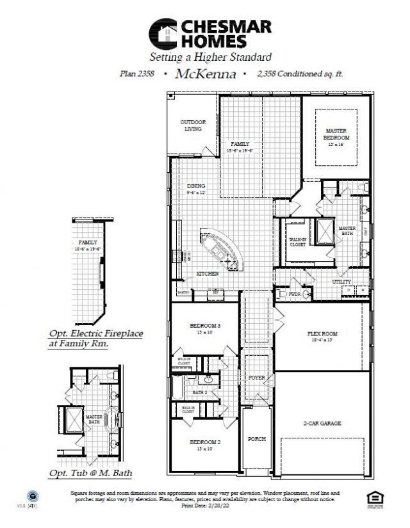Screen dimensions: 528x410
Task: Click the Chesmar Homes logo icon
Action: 163,33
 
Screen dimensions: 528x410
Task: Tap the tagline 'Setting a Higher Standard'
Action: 211,57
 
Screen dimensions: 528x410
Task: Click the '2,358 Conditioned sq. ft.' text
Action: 300,74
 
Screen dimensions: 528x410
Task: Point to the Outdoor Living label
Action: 191,125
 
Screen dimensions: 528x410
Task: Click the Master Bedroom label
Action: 336,134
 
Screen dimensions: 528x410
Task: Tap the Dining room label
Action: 196,186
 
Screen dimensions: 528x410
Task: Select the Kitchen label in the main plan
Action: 207,274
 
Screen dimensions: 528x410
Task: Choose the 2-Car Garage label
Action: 322,424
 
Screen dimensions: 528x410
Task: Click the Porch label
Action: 257,439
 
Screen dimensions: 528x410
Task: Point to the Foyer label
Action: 257,378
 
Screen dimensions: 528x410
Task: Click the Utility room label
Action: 341,282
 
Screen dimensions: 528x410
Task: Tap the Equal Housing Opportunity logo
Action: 373,499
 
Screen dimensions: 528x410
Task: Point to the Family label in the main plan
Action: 240,145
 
